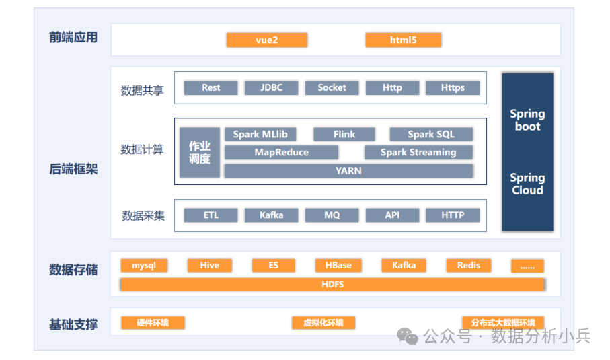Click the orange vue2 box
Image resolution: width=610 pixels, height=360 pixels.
(x=266, y=40)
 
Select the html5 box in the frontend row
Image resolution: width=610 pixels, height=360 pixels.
(x=403, y=40)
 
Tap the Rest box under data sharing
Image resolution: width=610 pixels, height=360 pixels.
(x=211, y=87)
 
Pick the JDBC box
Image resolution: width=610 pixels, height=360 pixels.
(x=271, y=87)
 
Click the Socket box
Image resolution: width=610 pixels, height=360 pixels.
(x=332, y=87)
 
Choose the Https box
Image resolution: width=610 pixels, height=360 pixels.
(x=453, y=87)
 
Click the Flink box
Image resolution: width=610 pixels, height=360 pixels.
(x=344, y=135)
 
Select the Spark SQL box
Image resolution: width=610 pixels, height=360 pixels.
(x=430, y=135)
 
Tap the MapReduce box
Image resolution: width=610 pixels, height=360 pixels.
(x=281, y=153)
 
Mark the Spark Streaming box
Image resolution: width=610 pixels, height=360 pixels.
(x=418, y=153)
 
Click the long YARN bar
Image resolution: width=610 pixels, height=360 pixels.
(x=348, y=171)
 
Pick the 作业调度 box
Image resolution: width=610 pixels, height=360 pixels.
(x=200, y=153)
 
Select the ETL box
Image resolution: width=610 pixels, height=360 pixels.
(x=211, y=215)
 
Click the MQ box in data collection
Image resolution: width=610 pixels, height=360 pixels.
(x=332, y=215)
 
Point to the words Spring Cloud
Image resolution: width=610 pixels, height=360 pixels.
(x=527, y=184)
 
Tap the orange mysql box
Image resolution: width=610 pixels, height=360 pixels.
(x=144, y=265)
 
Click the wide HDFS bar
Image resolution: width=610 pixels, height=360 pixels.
(x=332, y=285)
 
